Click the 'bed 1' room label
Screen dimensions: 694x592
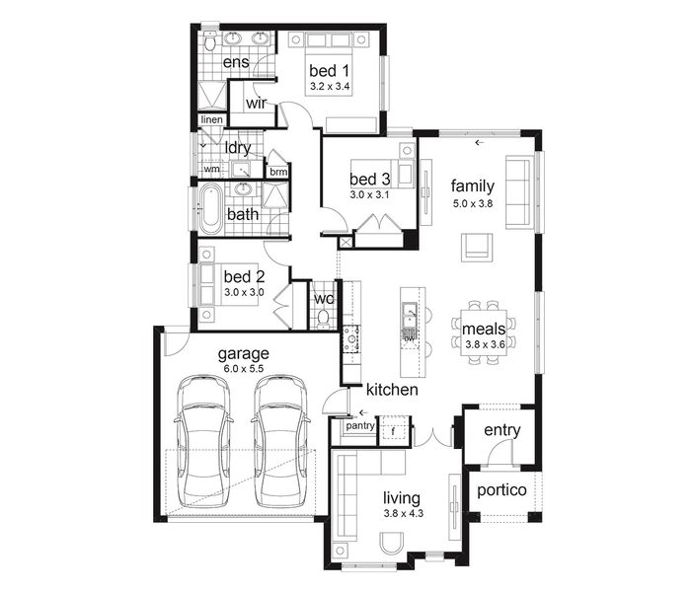point(330,71)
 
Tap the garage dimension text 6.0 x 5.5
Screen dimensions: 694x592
point(244,369)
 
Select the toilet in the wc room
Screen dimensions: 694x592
point(323,319)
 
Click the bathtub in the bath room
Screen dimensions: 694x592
point(210,209)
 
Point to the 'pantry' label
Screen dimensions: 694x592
point(360,425)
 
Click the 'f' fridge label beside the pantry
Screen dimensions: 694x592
point(393,430)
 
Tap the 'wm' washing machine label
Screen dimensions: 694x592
point(211,169)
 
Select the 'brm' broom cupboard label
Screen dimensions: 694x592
point(278,172)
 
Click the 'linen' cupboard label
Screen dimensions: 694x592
point(212,119)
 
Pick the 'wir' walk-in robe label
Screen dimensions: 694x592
point(257,103)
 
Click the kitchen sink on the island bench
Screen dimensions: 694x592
point(410,314)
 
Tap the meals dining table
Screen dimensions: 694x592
point(484,331)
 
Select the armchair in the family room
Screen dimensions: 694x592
point(477,248)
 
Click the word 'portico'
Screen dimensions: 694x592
point(501,490)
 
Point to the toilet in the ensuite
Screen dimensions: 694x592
point(210,40)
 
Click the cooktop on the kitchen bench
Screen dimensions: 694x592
point(352,339)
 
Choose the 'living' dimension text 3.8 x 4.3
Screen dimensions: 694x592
point(404,514)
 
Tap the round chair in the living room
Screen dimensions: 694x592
point(392,543)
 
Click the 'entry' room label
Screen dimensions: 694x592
point(502,430)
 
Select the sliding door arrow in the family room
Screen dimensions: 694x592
point(480,142)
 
